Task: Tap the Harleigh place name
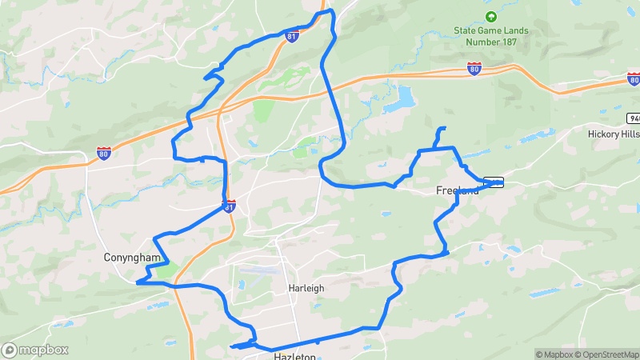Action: pyautogui.click(x=306, y=288)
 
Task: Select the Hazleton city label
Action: pyautogui.click(x=295, y=356)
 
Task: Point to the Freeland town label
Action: pyautogui.click(x=458, y=190)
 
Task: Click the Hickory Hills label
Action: pyautogui.click(x=614, y=134)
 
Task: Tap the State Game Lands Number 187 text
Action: pyautogui.click(x=490, y=36)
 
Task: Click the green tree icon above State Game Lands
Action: pyautogui.click(x=490, y=16)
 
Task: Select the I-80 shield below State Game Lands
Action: pyautogui.click(x=474, y=70)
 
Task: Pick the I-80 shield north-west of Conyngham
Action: pyautogui.click(x=103, y=152)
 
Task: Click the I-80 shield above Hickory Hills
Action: pyautogui.click(x=634, y=79)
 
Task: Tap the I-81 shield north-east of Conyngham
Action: pyautogui.click(x=230, y=207)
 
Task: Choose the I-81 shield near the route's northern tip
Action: pyautogui.click(x=294, y=36)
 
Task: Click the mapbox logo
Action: pyautogui.click(x=34, y=350)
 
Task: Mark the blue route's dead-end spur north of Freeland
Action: pyautogui.click(x=441, y=129)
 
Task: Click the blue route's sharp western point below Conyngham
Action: pyautogui.click(x=138, y=282)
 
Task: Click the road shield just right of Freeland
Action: pyautogui.click(x=494, y=182)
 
